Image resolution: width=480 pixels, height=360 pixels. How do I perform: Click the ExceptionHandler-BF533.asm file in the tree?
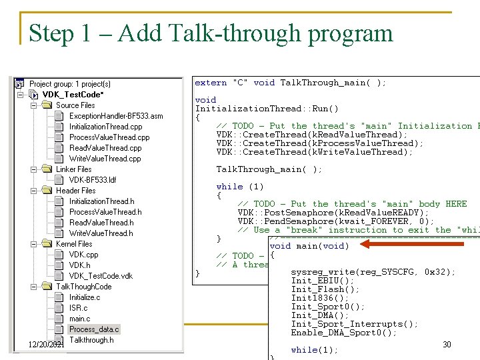[115, 116]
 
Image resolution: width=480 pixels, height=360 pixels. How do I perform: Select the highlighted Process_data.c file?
[94, 329]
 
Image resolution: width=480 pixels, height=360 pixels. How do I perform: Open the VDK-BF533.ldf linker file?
[93, 180]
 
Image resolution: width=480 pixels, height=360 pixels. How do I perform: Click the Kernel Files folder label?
[74, 244]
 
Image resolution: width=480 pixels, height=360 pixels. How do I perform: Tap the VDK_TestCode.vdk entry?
[101, 276]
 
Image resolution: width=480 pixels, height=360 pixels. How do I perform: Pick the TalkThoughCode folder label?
[83, 287]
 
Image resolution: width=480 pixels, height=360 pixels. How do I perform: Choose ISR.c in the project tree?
[78, 308]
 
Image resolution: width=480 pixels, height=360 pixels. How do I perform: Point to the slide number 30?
[447, 344]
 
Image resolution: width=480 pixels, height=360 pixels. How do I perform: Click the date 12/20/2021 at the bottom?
[46, 344]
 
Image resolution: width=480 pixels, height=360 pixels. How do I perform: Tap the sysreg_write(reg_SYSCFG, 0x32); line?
[373, 272]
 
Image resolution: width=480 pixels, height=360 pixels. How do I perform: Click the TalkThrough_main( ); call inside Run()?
[269, 169]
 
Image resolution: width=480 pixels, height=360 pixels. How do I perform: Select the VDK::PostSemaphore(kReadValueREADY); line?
[333, 213]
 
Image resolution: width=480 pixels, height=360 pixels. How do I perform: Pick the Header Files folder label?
[75, 191]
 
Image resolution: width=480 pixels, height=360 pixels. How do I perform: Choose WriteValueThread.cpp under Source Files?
[105, 159]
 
